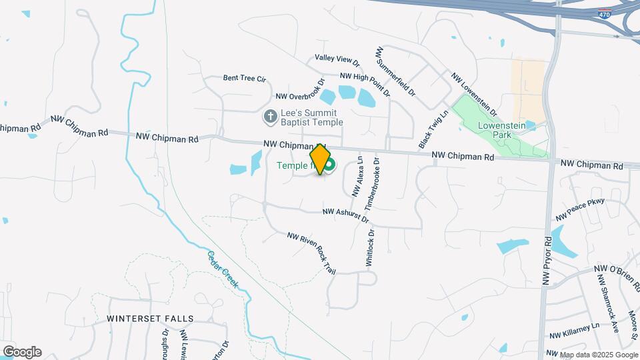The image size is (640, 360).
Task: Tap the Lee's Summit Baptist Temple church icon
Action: coord(270,117)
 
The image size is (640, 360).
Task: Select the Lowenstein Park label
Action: coord(502,129)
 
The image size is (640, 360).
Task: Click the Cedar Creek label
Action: coord(223,269)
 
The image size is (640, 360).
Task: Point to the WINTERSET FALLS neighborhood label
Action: coord(150,319)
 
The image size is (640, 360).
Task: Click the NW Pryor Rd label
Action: coord(547,261)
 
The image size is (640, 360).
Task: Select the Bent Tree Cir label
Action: coord(244,78)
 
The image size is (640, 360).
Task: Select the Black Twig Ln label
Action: coord(425,130)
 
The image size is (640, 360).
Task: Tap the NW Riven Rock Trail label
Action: coord(311,253)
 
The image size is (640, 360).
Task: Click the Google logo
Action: coord(22,352)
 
